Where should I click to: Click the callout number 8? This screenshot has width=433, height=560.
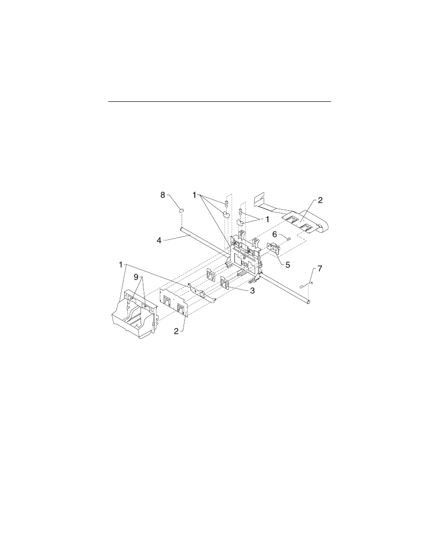163,195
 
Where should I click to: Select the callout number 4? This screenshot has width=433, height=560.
159,240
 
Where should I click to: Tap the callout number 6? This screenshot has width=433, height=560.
275,234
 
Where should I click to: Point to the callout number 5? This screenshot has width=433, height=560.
288,265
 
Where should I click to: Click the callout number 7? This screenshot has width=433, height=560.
320,269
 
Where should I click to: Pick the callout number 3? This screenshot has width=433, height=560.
252,291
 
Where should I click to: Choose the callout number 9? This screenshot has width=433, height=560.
136,277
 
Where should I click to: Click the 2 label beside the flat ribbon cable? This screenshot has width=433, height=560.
320,200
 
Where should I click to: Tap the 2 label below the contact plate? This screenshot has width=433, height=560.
176,331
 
